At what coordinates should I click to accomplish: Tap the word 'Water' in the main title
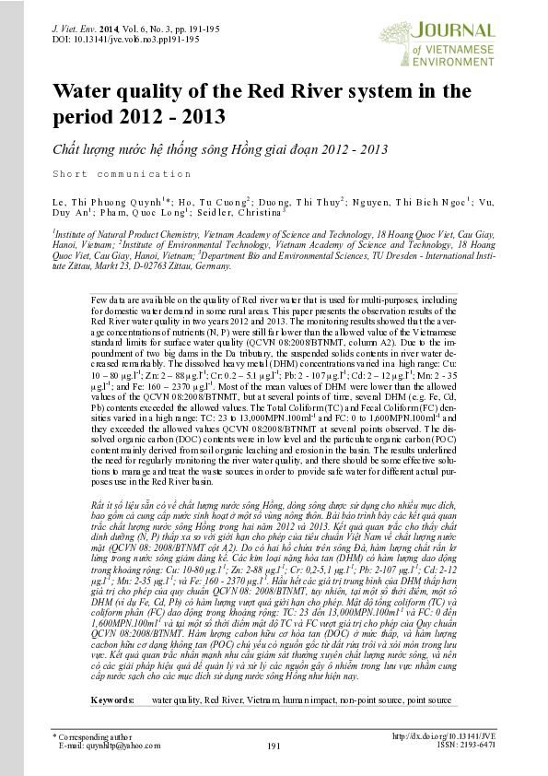point(87,93)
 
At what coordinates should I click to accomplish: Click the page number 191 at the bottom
point(274,746)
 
